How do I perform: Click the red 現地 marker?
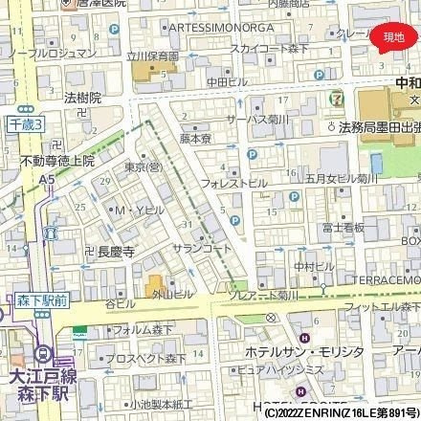tap(392, 36)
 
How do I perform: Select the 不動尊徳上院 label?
tap(57, 162)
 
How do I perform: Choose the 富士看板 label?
tap(343, 228)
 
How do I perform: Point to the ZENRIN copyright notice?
tap(340, 414)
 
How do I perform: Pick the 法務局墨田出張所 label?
tap(382, 126)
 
